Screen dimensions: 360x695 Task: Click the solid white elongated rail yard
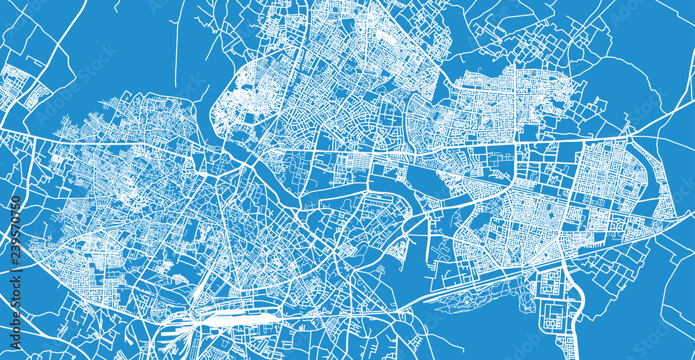(236, 320)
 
